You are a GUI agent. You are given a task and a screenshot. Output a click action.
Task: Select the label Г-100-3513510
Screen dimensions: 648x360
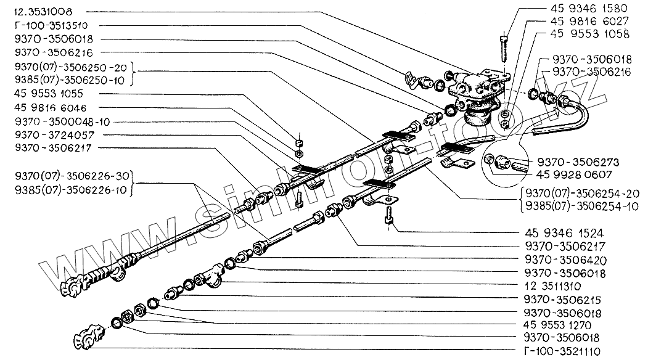click(47, 25)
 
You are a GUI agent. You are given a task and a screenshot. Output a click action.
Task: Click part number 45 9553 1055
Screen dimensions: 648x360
click(47, 94)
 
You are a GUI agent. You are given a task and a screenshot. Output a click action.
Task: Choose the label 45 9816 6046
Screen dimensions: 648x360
click(47, 107)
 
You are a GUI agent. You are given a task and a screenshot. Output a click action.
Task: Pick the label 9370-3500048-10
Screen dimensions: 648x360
click(56, 121)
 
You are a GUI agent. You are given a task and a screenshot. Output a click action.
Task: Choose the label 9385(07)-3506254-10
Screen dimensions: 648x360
click(583, 207)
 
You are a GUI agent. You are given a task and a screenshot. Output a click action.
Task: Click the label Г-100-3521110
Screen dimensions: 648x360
click(565, 353)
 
